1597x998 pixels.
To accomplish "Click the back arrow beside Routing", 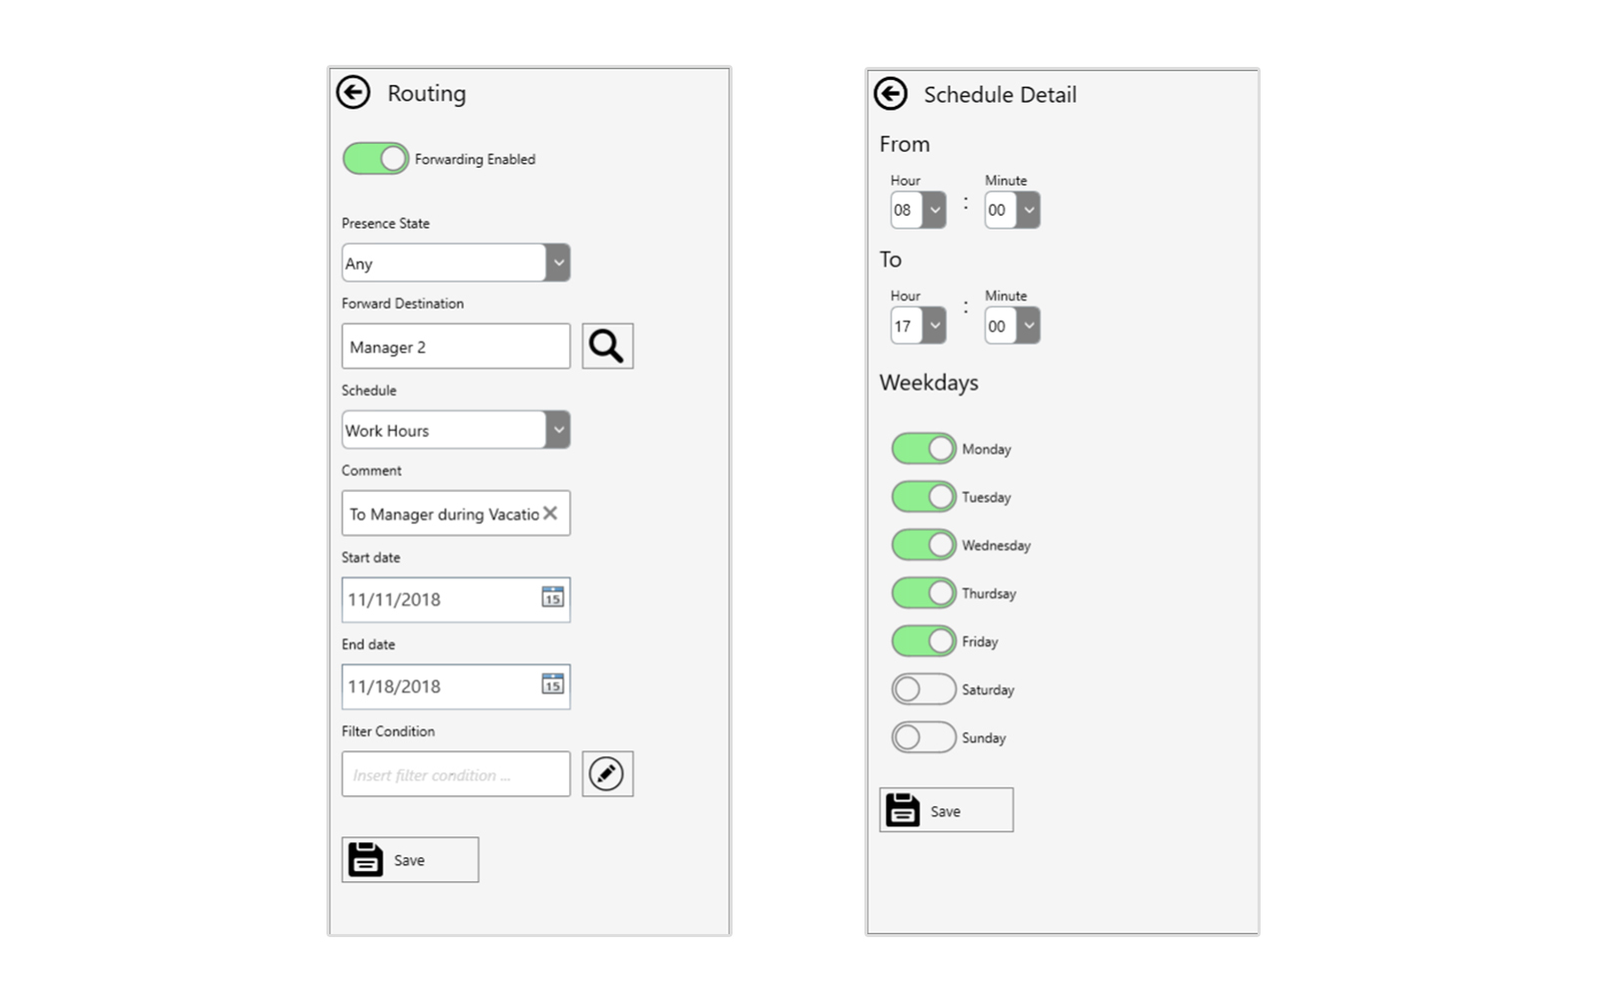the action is [353, 93].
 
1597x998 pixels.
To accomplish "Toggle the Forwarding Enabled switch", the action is [375, 159].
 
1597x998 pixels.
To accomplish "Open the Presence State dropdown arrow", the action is [558, 262].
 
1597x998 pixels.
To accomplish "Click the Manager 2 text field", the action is [455, 346].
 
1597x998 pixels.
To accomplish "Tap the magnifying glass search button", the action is [608, 346].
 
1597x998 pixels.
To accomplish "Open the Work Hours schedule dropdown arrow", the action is [558, 429].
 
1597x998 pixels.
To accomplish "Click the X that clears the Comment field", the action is [550, 513].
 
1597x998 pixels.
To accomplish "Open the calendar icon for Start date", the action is [553, 597].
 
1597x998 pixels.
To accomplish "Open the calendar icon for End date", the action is [553, 684].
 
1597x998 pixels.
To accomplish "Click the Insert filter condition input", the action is [455, 773].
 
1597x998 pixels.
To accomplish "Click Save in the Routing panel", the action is [410, 859].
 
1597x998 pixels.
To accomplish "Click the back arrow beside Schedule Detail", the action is [890, 94].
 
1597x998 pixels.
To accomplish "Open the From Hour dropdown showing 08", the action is [918, 210].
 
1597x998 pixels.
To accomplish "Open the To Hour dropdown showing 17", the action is [918, 325].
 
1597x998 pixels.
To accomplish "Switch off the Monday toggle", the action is [923, 448].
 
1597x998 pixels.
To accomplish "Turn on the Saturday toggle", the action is [923, 690].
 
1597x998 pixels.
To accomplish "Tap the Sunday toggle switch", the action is [923, 738].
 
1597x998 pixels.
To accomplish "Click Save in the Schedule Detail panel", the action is [946, 809].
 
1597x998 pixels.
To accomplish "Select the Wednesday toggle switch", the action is [923, 545].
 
